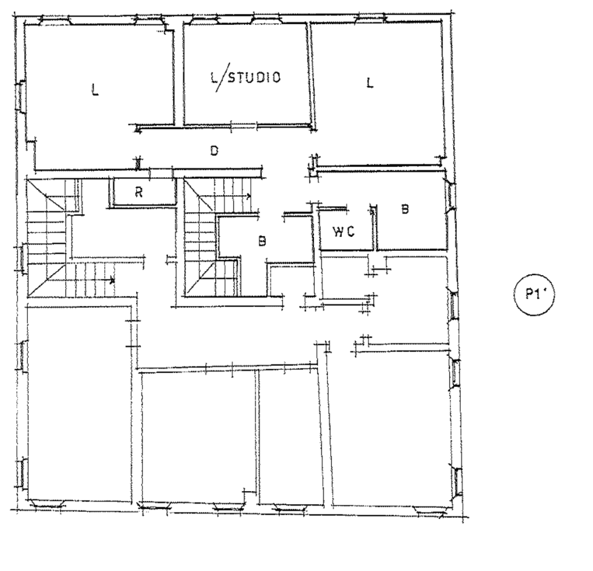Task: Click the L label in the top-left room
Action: point(96,90)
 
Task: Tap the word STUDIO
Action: point(254,77)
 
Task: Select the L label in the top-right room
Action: point(369,82)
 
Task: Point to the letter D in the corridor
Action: point(214,151)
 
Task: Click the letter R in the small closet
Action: point(139,192)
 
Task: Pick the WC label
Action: point(344,232)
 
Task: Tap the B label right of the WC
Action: point(405,209)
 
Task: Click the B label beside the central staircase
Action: point(262,241)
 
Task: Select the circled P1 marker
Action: point(535,295)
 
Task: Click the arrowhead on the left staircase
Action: point(112,280)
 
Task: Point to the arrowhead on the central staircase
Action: point(248,196)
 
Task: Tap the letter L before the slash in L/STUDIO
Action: point(214,77)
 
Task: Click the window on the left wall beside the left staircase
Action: point(21,259)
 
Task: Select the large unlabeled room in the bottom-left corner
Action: point(79,402)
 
